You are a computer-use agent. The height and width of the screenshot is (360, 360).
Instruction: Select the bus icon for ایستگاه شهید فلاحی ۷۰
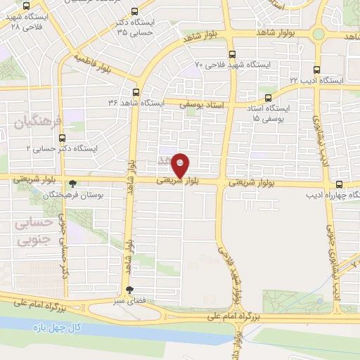click(232, 53)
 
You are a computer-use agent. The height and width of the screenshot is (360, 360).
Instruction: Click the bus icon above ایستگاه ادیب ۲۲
click(316, 70)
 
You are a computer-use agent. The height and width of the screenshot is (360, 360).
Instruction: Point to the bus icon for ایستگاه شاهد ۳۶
click(136, 91)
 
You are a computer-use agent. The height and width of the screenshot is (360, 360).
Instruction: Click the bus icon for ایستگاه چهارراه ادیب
click(340, 184)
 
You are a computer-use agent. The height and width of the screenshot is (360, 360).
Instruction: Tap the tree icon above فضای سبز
click(129, 290)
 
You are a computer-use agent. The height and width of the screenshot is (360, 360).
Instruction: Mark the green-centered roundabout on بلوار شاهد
click(318, 33)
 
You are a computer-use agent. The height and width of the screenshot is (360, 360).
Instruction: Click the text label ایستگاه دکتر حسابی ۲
click(63, 148)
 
